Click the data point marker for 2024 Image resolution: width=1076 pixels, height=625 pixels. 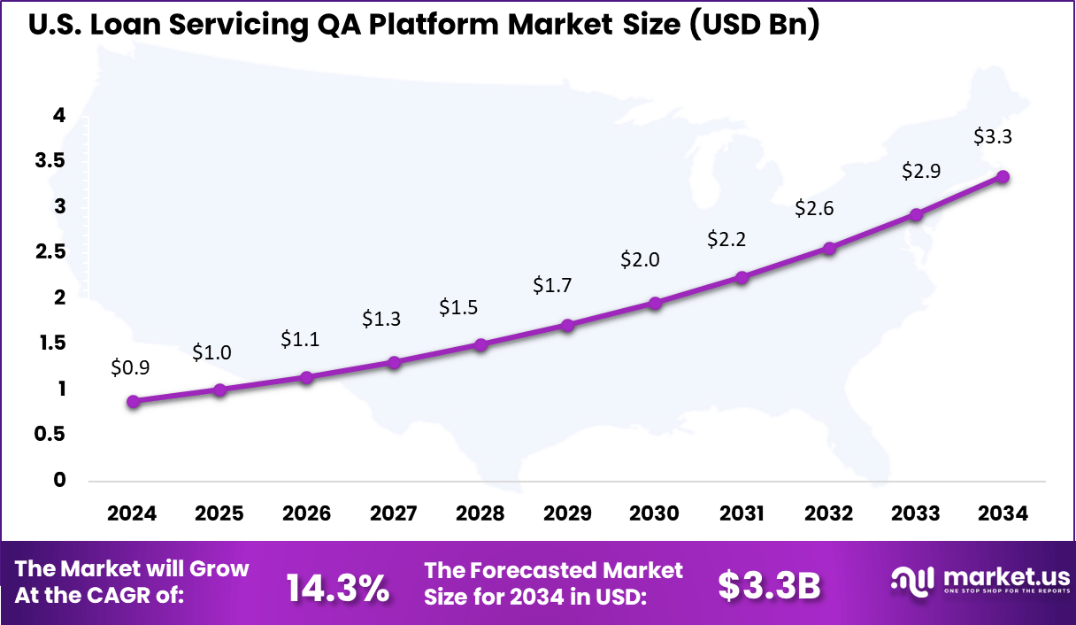pos(133,401)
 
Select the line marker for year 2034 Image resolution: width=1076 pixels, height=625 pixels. pos(1003,176)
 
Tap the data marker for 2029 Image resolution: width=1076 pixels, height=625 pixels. pos(568,325)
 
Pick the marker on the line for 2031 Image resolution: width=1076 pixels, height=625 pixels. pos(742,277)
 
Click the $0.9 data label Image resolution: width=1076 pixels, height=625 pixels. pos(130,367)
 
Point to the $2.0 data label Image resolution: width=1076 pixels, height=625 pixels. pos(640,259)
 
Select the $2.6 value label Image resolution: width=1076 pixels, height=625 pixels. pos(814,208)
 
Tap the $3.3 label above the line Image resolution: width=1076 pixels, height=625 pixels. pos(993,137)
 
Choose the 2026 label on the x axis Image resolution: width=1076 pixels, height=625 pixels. pos(306,514)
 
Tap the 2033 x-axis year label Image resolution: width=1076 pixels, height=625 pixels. pos(916,514)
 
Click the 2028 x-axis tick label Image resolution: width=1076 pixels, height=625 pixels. pos(480,514)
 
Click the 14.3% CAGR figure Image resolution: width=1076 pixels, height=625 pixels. pos(338,586)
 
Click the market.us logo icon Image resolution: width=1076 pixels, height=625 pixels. pos(911,580)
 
